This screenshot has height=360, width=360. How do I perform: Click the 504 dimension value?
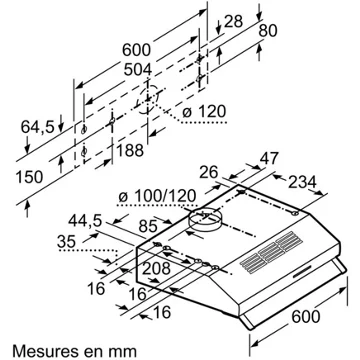coord(138,70)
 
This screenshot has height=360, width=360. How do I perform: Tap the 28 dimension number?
coord(233,22)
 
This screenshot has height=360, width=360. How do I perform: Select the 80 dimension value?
coord(268,31)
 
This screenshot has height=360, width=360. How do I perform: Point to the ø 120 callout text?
coord(204,112)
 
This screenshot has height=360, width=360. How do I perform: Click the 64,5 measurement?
coord(37,127)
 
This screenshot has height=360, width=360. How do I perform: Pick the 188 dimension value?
coord(130,151)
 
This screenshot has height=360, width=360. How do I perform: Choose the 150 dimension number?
coord(30,177)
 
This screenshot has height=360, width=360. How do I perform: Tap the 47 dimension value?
coord(268,158)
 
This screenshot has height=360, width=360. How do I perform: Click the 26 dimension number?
coord(209,172)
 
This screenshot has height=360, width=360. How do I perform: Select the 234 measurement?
coord(302,182)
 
